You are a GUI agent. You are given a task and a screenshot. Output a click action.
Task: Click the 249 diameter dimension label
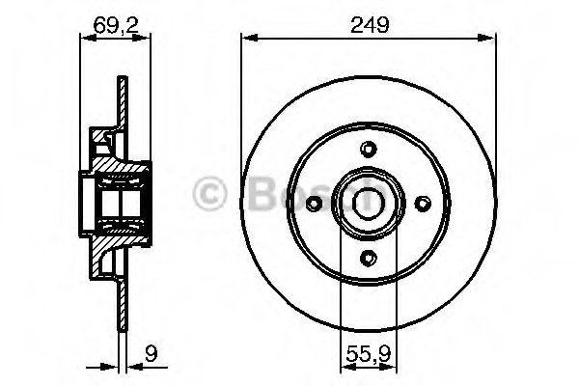(x=371, y=25)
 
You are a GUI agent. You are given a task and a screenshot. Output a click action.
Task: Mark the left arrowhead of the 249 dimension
(x=246, y=39)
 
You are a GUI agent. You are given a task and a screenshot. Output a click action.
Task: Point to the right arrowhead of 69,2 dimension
(x=147, y=39)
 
